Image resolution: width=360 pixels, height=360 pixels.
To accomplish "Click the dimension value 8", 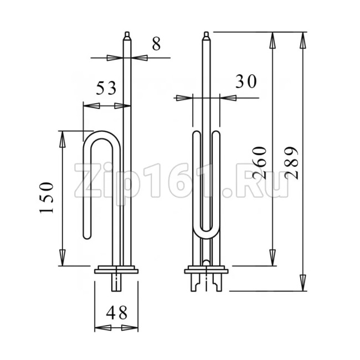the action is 156,44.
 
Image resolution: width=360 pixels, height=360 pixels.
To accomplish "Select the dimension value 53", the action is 106,88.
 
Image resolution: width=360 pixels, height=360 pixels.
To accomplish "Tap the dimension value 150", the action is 47,198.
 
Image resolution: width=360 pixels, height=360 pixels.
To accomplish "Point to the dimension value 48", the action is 117,313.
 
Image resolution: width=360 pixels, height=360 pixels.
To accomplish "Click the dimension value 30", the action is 246,81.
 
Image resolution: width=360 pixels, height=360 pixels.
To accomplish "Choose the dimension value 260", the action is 260,163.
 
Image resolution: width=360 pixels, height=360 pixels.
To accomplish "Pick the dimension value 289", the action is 291,163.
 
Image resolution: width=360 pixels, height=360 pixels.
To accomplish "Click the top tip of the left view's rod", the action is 127,32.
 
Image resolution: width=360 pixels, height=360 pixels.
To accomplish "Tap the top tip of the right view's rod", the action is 207,32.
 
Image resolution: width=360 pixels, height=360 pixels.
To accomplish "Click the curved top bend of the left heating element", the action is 101,135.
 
